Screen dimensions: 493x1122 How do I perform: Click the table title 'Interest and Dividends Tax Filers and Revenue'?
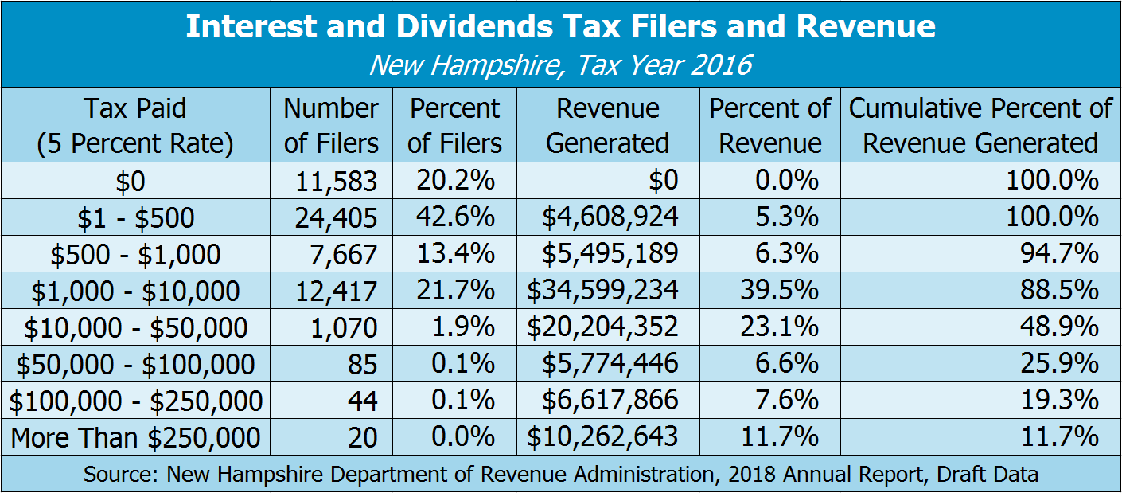click(x=560, y=27)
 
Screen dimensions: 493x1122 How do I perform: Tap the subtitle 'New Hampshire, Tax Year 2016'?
click(x=560, y=64)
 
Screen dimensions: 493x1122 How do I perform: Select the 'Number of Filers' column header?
click(x=331, y=125)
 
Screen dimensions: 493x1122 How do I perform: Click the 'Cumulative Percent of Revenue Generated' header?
click(x=980, y=125)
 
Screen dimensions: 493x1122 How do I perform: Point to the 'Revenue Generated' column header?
click(x=608, y=125)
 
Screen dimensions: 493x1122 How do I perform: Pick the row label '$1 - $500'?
click(x=135, y=217)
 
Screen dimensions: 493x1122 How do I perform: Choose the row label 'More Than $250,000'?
click(x=135, y=437)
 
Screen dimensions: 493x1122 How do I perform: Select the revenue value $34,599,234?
click(x=602, y=291)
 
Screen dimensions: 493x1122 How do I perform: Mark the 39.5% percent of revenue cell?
click(x=785, y=291)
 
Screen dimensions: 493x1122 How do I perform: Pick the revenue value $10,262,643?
click(x=602, y=437)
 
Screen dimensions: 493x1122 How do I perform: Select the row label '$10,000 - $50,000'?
click(x=135, y=327)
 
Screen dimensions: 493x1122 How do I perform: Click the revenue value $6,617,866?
click(x=610, y=401)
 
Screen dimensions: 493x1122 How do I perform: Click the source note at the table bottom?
click(x=560, y=475)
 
